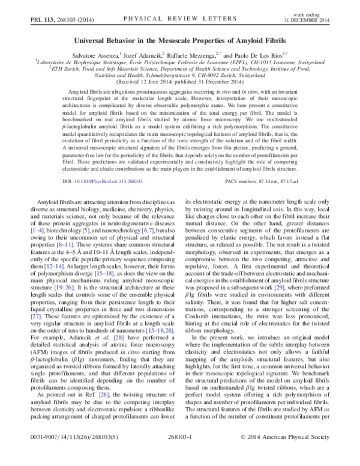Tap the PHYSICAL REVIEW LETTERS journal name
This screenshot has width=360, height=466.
click(179, 19)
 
